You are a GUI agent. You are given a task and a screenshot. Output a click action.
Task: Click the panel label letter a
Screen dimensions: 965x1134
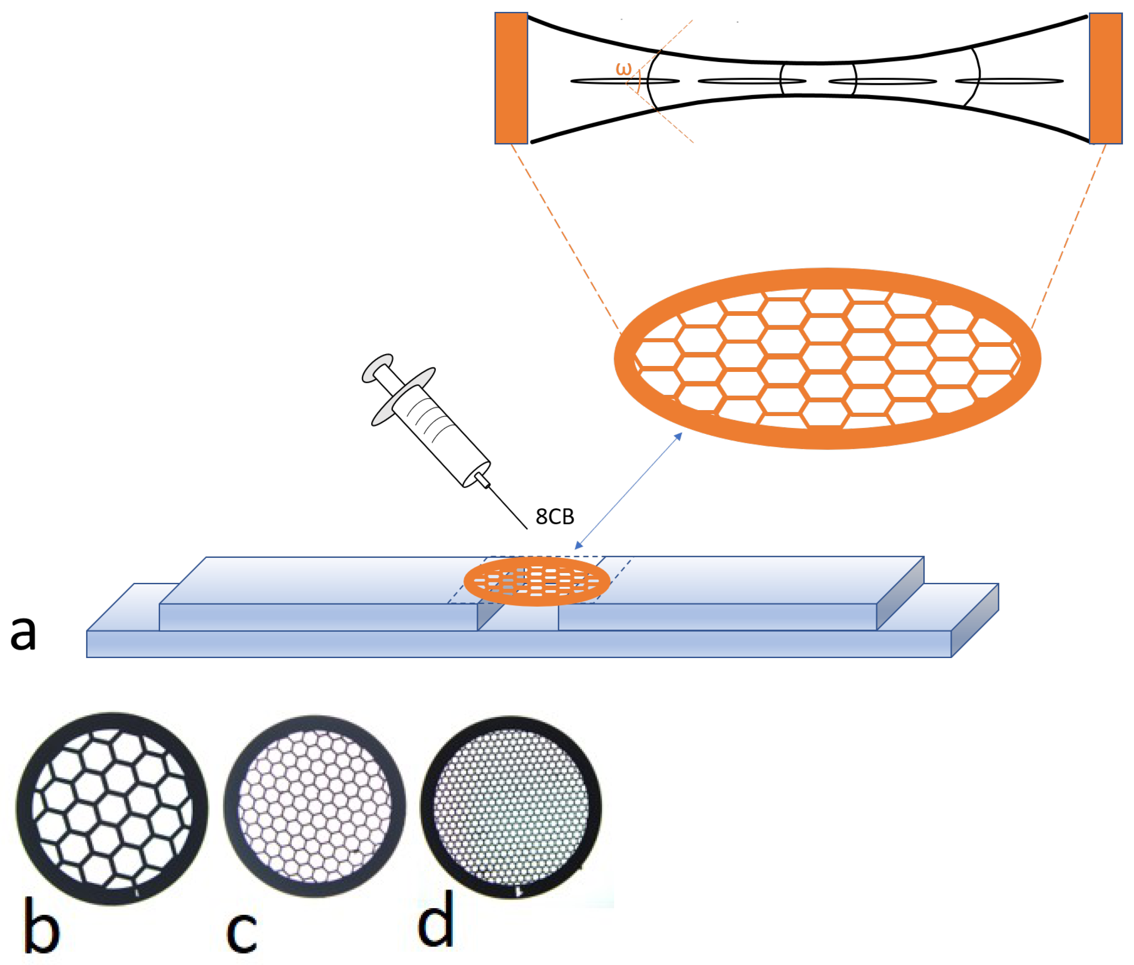tap(23, 633)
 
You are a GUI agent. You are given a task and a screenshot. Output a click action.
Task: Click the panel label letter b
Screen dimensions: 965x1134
tap(42, 925)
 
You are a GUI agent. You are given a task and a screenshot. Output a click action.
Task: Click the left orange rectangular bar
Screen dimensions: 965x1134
tap(511, 78)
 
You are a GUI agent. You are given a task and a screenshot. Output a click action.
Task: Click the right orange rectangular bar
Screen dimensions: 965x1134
tap(1106, 78)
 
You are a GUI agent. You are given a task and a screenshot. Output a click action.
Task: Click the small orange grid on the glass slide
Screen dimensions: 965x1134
tap(536, 581)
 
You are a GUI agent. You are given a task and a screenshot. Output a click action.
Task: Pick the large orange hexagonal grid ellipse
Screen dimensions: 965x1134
tap(827, 358)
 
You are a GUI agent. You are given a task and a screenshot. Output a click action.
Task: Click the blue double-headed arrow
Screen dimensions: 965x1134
tap(628, 491)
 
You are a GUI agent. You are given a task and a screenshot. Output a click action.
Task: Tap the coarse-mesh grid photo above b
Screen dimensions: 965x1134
tap(112, 808)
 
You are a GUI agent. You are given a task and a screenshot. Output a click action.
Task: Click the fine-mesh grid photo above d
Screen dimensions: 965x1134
tap(511, 807)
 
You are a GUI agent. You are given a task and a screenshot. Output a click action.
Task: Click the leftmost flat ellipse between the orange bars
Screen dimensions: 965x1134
tap(624, 82)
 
